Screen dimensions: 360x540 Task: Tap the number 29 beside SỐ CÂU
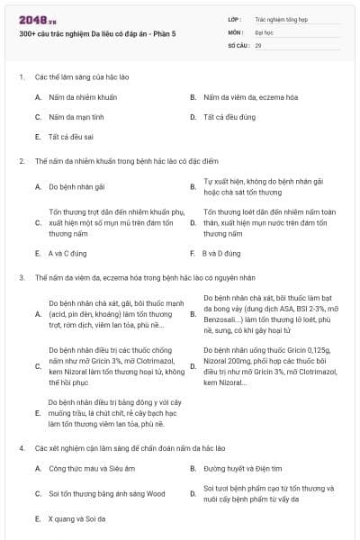(258, 44)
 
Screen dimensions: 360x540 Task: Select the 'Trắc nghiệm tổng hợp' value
(280, 17)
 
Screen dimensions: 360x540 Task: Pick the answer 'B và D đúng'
(221, 254)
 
